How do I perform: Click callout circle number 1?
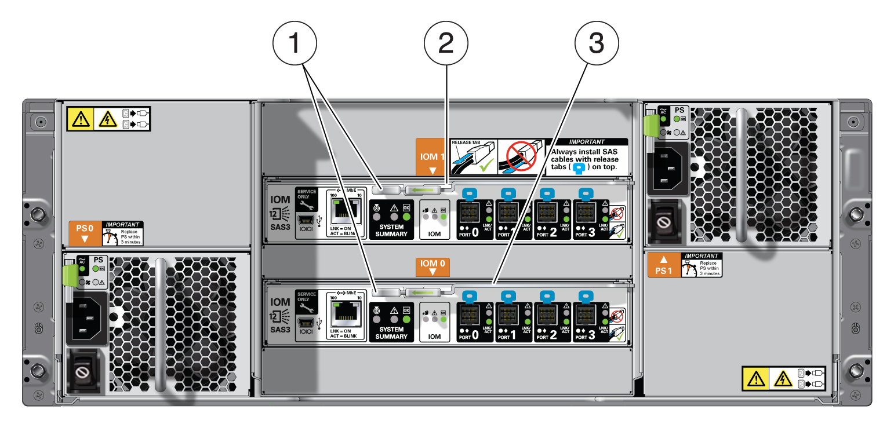295,43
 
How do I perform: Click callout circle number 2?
446,43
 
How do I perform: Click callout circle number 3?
597,43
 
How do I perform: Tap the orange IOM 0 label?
431,266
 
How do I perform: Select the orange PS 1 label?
663,265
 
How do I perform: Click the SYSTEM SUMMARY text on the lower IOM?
391,333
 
